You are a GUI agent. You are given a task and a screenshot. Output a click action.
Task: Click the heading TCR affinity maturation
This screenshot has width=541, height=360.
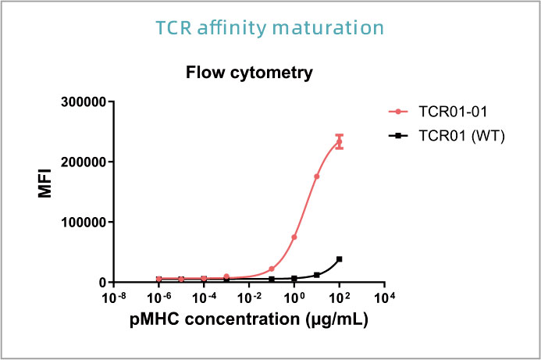[x=270, y=28]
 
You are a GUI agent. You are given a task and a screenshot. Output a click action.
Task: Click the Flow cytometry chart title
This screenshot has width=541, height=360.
[x=249, y=73]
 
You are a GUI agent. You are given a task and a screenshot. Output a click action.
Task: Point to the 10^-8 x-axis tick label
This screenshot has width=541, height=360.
[x=114, y=298]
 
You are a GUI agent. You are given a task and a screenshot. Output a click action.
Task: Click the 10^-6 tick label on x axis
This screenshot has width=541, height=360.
[x=158, y=298]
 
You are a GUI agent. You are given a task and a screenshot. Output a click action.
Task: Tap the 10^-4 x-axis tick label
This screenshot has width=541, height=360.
[x=204, y=298]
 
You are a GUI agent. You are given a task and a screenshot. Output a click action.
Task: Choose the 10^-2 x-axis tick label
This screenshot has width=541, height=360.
[x=249, y=298]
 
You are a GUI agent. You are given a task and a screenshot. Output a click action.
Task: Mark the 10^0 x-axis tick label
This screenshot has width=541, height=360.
[x=294, y=298]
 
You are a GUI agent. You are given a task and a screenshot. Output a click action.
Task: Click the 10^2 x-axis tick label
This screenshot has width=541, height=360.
[x=339, y=298]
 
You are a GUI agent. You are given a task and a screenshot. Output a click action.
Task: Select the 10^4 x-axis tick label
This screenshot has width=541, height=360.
[x=384, y=298]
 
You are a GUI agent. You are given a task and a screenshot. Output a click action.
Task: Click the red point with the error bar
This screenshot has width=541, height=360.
[x=339, y=141]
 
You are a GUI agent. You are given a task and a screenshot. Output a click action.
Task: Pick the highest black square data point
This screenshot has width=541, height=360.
[x=339, y=258]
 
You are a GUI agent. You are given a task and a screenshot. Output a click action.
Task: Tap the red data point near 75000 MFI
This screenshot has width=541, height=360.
[x=294, y=237]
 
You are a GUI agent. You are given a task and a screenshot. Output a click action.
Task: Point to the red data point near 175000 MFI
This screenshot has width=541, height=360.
[x=317, y=176]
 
